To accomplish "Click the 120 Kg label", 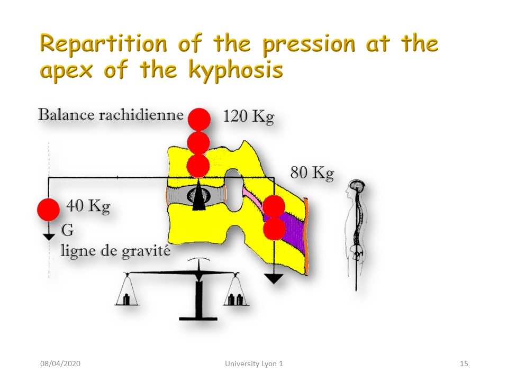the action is (249, 116).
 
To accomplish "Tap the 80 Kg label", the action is (312, 173).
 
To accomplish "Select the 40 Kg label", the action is (88, 206).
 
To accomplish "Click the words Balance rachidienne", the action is (111, 115).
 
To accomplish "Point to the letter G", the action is (67, 230).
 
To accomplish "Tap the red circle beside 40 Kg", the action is (48, 210).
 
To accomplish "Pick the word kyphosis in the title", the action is (235, 70).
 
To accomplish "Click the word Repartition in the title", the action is (103, 44).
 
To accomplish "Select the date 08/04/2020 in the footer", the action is (60, 364).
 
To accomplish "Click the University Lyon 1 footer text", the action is (253, 364).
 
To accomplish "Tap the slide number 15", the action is (464, 364).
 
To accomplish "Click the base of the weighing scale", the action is (198, 319).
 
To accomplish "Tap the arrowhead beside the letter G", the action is (49, 236).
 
